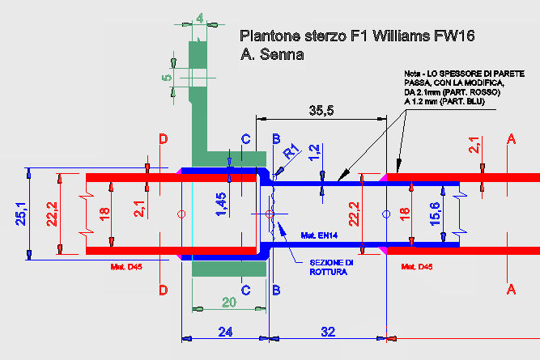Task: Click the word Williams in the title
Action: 402,36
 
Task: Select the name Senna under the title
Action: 282,54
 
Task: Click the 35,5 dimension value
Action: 321,110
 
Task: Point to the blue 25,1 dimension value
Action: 21,214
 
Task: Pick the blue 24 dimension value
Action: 225,332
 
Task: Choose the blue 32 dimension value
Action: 328,332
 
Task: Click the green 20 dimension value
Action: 229,303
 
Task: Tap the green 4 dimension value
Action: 200,19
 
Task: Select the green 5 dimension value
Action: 167,78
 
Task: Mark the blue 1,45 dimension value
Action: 221,205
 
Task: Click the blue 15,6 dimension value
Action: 436,214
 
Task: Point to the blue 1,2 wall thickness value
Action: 314,152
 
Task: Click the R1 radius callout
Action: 291,152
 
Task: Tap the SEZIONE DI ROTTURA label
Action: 331,268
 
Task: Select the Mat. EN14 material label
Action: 319,235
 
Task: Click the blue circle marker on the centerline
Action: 386,214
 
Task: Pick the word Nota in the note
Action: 413,74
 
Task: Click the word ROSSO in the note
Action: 486,92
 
